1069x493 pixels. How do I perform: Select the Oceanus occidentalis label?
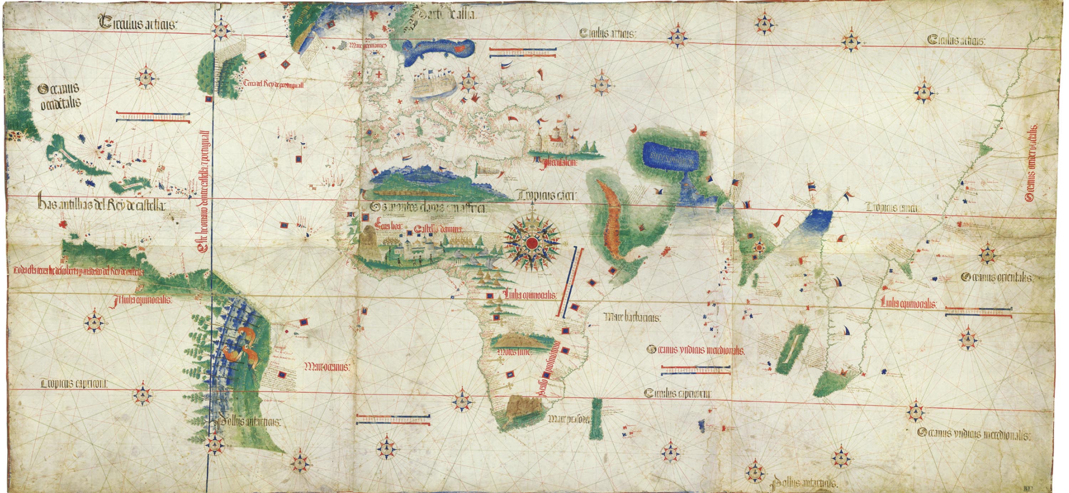(60, 96)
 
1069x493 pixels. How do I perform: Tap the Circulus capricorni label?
(678, 393)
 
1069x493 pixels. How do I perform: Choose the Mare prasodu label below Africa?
(568, 419)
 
